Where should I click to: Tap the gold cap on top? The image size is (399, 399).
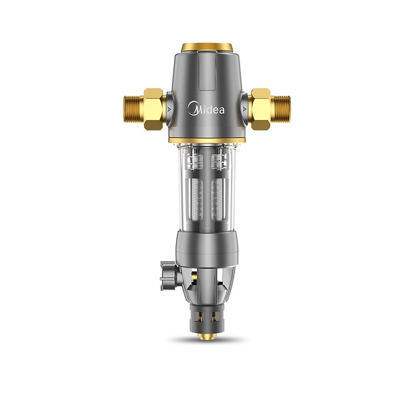(206, 47)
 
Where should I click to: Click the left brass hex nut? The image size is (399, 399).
(153, 109)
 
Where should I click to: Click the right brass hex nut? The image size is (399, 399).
(260, 109)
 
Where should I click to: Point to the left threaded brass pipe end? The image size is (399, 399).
(134, 109)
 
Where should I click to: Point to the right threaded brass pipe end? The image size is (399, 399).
(280, 109)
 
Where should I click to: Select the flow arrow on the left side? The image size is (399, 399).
(169, 110)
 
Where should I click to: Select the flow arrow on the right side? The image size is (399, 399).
(244, 110)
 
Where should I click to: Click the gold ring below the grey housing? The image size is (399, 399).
(207, 140)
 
